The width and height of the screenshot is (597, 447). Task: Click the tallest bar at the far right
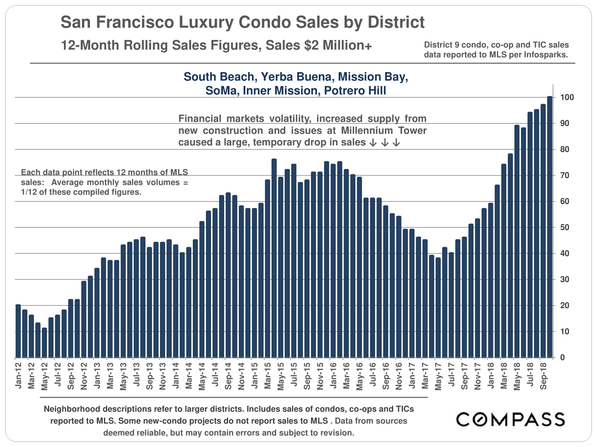click(550, 226)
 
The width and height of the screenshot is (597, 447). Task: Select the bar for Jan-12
click(18, 331)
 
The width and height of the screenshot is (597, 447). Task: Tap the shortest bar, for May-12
click(44, 343)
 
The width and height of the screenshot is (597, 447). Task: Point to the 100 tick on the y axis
click(567, 97)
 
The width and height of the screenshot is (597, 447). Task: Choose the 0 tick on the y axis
click(562, 357)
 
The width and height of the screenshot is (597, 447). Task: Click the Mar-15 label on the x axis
click(268, 376)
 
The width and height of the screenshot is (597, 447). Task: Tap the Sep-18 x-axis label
click(543, 376)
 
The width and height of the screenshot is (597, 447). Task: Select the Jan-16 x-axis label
click(333, 376)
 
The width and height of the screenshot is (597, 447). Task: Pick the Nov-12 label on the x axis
click(84, 376)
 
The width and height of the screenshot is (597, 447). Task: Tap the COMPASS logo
click(510, 420)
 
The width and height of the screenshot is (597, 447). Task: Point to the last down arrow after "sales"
click(396, 143)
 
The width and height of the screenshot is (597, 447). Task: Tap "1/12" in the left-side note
click(29, 192)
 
